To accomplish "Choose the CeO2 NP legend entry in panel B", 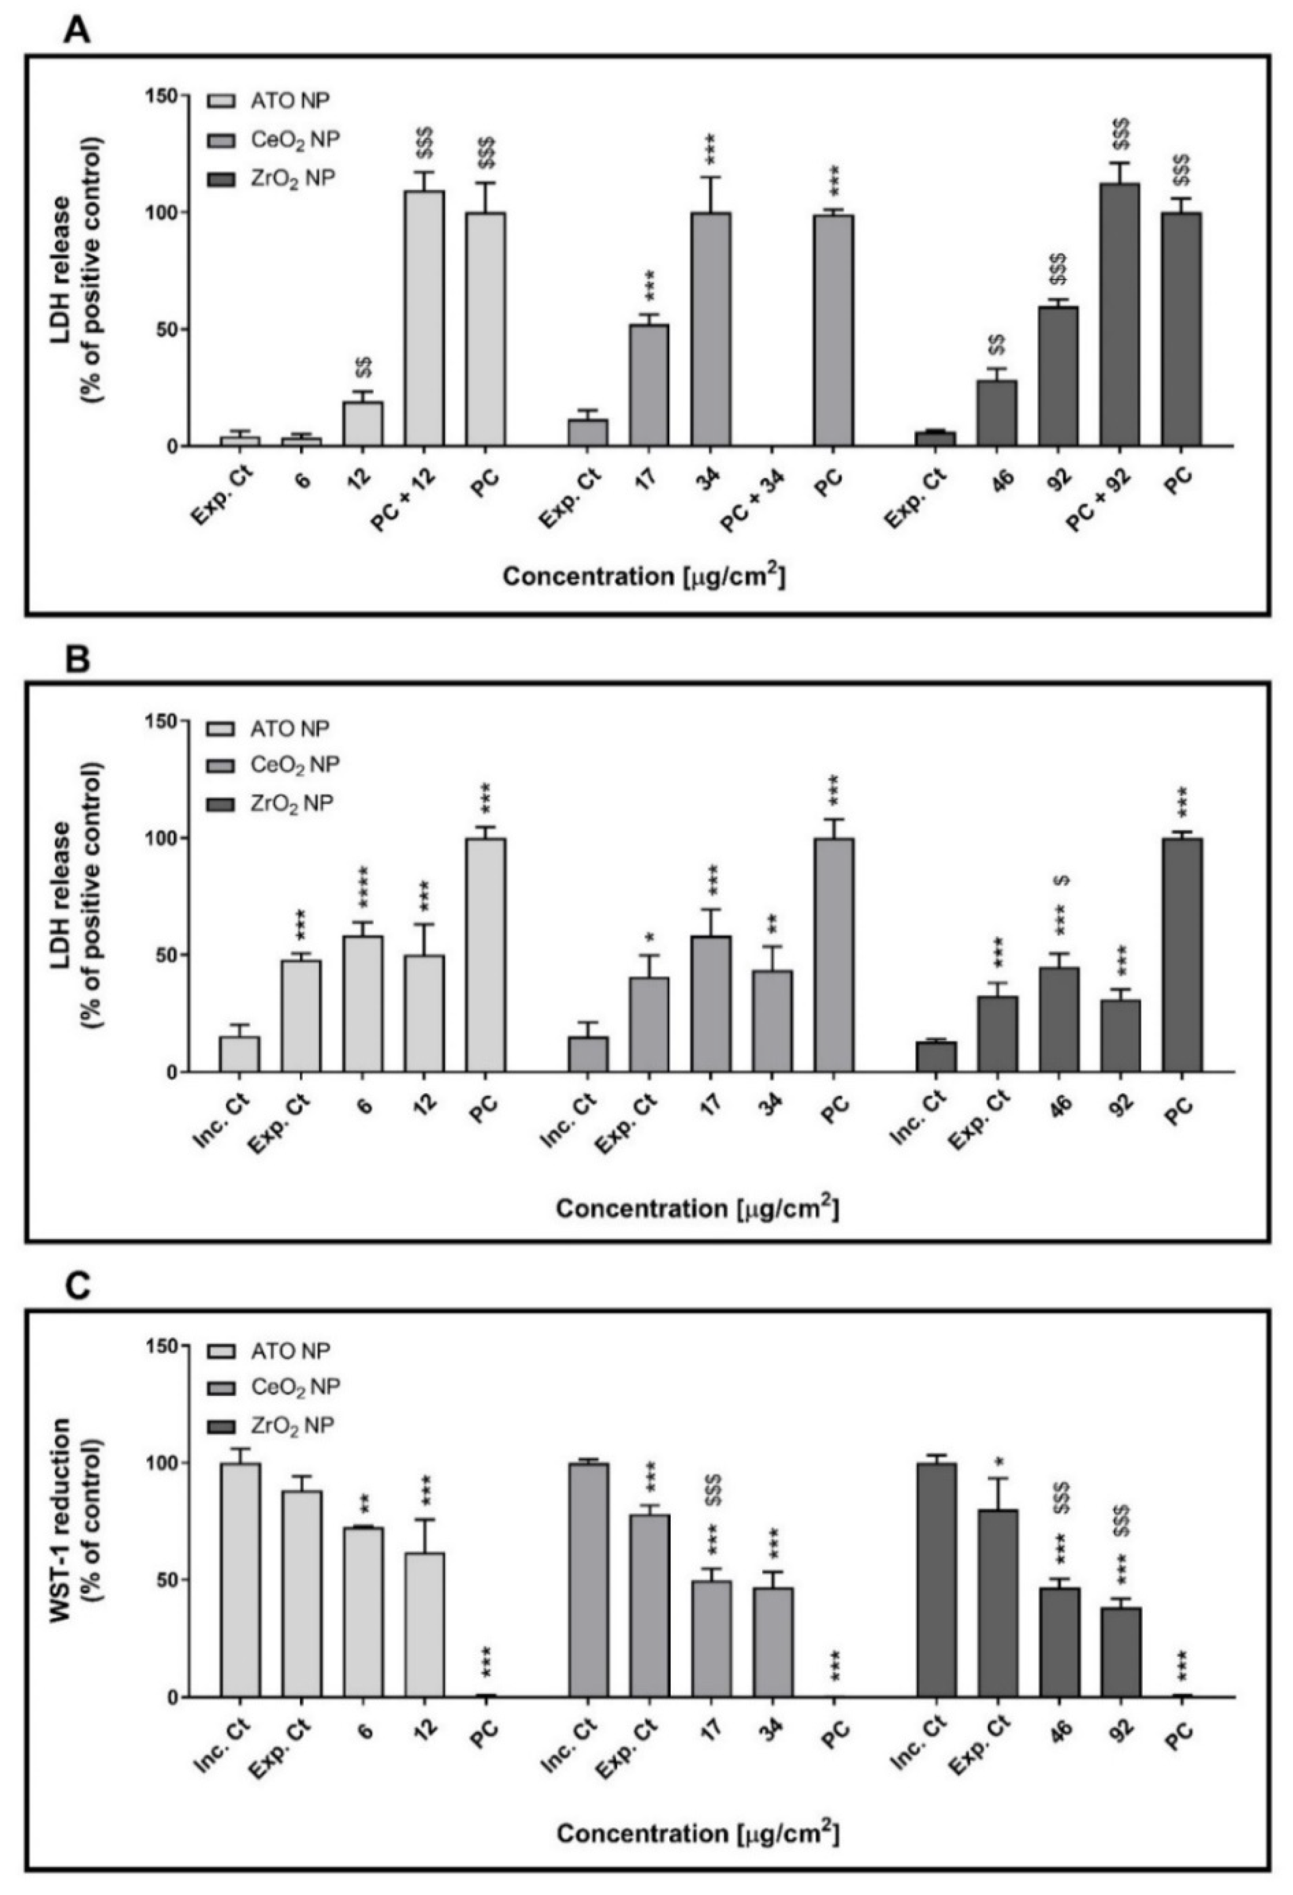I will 285,764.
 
